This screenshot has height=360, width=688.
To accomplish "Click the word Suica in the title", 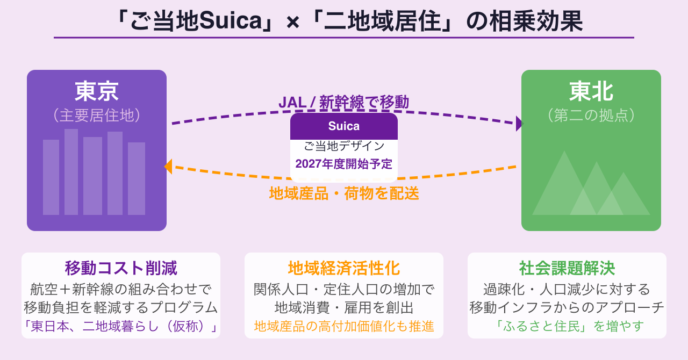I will tap(231, 21).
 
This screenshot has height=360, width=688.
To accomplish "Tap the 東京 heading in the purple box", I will tap(97, 91).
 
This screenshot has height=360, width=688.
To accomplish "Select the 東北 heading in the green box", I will tap(591, 91).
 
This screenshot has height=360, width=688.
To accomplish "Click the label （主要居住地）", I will tap(97, 115).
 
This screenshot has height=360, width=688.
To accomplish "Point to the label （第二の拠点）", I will tap(591, 115).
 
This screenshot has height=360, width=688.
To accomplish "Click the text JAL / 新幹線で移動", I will tap(343, 102).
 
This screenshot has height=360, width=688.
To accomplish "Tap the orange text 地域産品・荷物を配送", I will tap(344, 193).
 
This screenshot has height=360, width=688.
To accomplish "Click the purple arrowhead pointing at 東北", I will tap(519, 124).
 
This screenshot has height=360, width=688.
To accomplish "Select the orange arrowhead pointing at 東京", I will tap(168, 167).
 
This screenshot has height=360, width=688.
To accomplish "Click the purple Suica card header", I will tap(344, 126).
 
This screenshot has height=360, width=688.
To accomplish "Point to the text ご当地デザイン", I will tap(344, 146).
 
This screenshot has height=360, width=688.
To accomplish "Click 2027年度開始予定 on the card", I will tap(344, 164).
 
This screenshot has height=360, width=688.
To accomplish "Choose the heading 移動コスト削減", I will tap(121, 268).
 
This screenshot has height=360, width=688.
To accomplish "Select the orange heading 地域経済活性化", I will tap(344, 268).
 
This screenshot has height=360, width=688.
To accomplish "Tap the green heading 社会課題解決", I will tap(567, 268).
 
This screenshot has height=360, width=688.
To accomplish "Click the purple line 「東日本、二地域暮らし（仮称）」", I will tap(121, 326).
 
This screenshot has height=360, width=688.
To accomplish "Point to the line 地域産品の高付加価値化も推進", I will tap(344, 326).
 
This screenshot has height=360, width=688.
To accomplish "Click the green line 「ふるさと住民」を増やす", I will tap(567, 326).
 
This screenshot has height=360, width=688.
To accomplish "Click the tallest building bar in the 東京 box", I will tap(71, 172).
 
